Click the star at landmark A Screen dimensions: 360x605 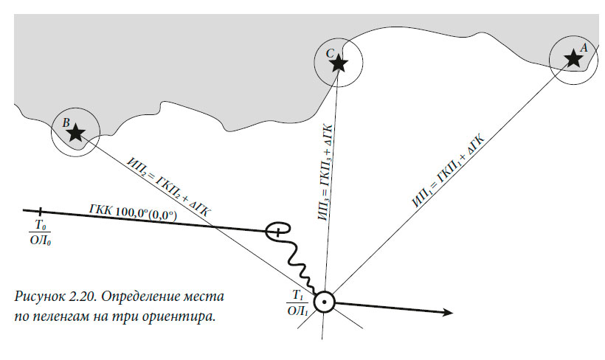coord(573,58)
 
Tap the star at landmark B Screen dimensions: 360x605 coord(75,133)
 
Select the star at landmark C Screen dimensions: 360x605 coord(338,63)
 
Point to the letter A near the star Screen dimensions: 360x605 coord(584,46)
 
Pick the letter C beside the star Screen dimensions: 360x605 coord(330,52)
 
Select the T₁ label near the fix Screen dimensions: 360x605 coord(298,295)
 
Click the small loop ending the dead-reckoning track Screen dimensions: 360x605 coord(278,230)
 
